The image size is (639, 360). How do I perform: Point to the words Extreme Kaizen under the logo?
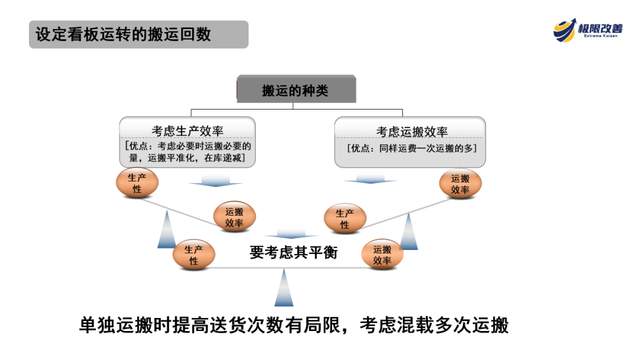[600, 36]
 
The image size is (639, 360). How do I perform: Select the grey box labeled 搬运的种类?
[296, 90]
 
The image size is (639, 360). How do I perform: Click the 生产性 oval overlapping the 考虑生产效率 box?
[137, 183]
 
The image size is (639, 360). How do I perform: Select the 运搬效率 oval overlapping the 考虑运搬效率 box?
[460, 184]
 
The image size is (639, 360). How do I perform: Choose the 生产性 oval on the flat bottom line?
[193, 255]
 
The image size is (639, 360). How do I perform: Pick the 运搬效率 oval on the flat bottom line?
[382, 255]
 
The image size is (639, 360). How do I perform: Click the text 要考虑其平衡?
[293, 252]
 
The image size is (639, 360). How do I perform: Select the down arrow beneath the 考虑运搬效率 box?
[370, 178]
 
